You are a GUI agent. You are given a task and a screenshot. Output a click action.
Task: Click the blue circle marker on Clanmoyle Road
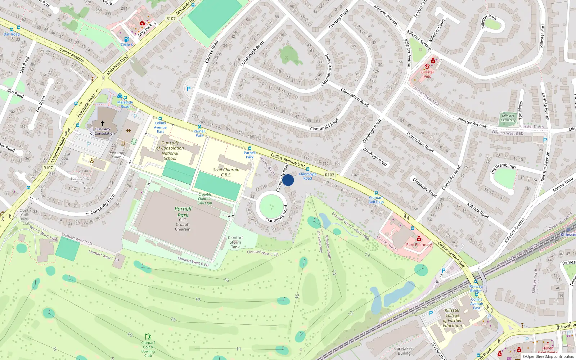click(288, 180)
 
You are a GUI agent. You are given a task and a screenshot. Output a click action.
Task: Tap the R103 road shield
click(329, 175)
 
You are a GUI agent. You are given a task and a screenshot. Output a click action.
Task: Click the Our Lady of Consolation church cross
click(103, 123)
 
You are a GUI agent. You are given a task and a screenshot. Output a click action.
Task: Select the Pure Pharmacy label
click(419, 244)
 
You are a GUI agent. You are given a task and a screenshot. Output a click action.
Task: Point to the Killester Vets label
click(427, 74)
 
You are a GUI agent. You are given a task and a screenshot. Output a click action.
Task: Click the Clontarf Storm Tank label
click(235, 242)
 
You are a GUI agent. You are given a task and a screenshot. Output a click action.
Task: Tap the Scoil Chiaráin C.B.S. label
click(226, 172)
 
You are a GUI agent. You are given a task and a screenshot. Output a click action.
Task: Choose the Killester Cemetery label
click(508, 118)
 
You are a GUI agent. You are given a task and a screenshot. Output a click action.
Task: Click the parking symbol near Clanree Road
click(188, 89)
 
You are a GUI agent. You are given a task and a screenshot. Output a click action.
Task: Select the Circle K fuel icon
click(126, 40)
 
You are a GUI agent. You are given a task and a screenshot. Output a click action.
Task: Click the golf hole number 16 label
click(226, 280)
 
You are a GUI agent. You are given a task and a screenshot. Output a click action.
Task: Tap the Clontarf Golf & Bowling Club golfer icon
click(148, 337)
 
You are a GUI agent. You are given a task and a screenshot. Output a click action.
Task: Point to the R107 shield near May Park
click(171, 19)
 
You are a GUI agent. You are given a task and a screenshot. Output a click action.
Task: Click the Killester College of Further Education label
click(453, 318)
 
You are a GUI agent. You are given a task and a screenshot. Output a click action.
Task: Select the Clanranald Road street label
click(324, 125)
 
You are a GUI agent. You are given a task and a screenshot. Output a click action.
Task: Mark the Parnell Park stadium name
click(183, 212)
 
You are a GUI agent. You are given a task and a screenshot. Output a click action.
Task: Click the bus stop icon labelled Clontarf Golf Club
click(376, 193)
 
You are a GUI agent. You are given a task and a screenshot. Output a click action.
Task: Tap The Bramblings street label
click(503, 168)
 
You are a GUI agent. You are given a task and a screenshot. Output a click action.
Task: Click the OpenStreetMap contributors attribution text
click(550, 356)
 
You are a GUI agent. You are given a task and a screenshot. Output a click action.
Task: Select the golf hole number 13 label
click(367, 255)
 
